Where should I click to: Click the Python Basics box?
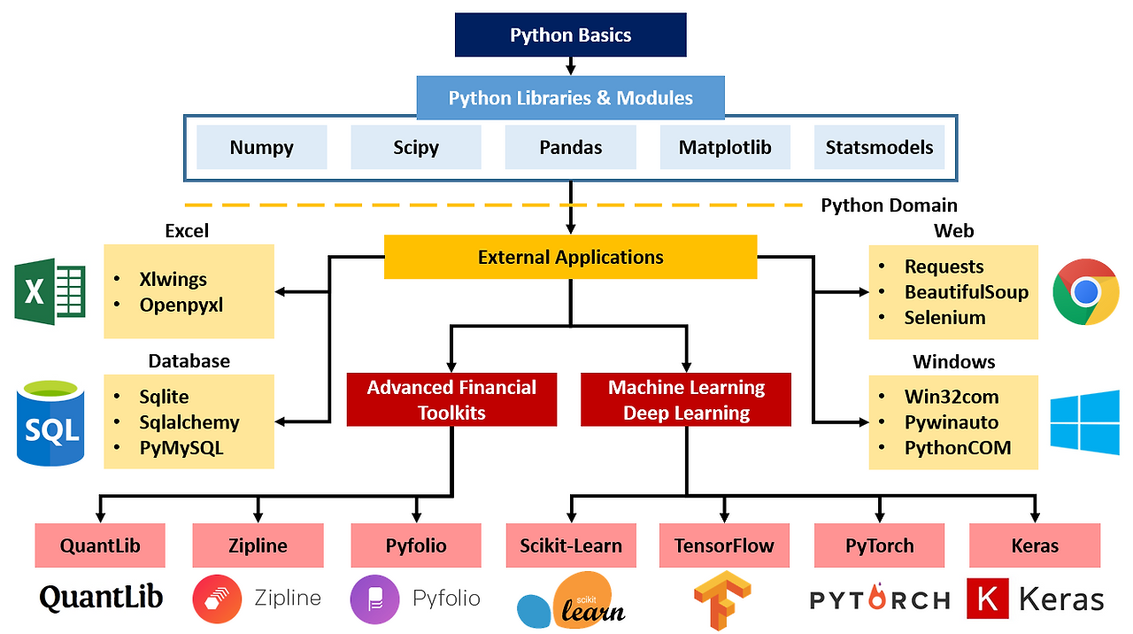(571, 35)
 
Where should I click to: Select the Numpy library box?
(261, 147)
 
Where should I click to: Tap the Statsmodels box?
(879, 147)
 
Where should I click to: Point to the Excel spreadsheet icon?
(50, 291)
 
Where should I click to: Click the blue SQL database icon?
(50, 423)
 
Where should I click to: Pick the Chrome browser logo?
(1085, 292)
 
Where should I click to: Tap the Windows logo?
(1084, 422)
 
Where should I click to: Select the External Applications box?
(571, 257)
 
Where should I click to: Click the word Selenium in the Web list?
(944, 318)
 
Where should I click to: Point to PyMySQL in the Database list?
(181, 448)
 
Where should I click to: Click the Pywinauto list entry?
(952, 422)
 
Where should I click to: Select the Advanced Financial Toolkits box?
(451, 399)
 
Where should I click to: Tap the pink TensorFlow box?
(724, 545)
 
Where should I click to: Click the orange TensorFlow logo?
(722, 600)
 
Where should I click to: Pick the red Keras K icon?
(987, 599)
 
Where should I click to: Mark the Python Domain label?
(889, 205)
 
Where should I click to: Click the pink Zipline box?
(258, 545)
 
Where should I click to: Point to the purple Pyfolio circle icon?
(374, 599)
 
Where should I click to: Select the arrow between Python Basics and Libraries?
(571, 66)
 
